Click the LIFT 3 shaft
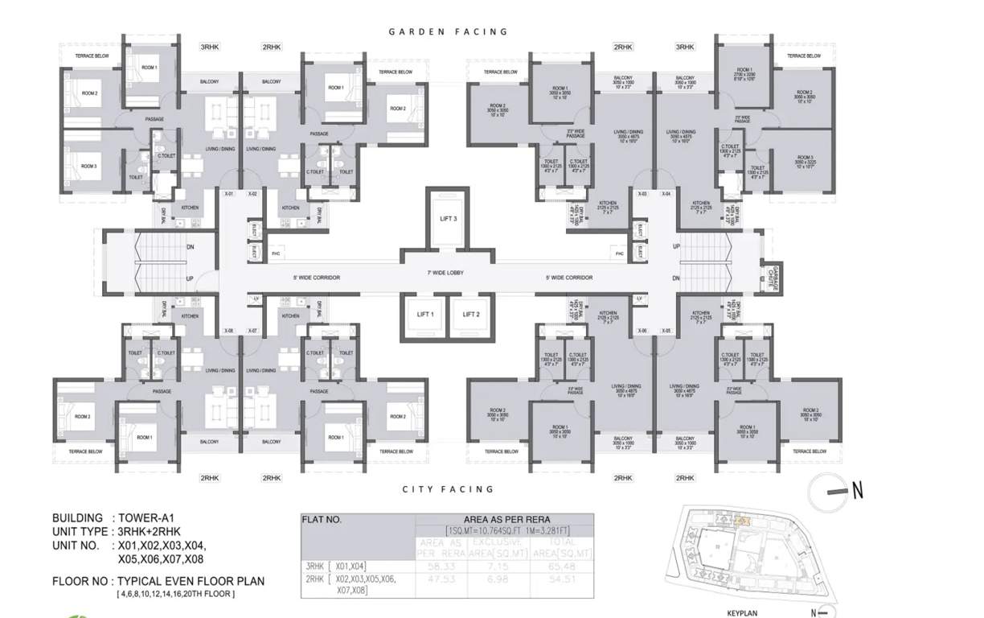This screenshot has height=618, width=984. tap(448, 218)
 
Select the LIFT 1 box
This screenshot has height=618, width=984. tap(425, 315)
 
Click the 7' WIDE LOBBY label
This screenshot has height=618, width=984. tap(446, 273)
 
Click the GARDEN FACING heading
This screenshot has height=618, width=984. tap(448, 32)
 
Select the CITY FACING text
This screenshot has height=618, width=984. tap(448, 489)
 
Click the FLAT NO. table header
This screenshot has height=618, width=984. tap(322, 520)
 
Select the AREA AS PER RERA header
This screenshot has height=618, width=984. tap(506, 520)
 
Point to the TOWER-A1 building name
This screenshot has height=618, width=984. tap(148, 518)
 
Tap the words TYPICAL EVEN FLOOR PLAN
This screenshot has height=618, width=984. tap(191, 581)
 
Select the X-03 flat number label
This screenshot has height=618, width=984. tap(642, 194)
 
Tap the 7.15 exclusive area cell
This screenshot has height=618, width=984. tap(502, 566)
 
